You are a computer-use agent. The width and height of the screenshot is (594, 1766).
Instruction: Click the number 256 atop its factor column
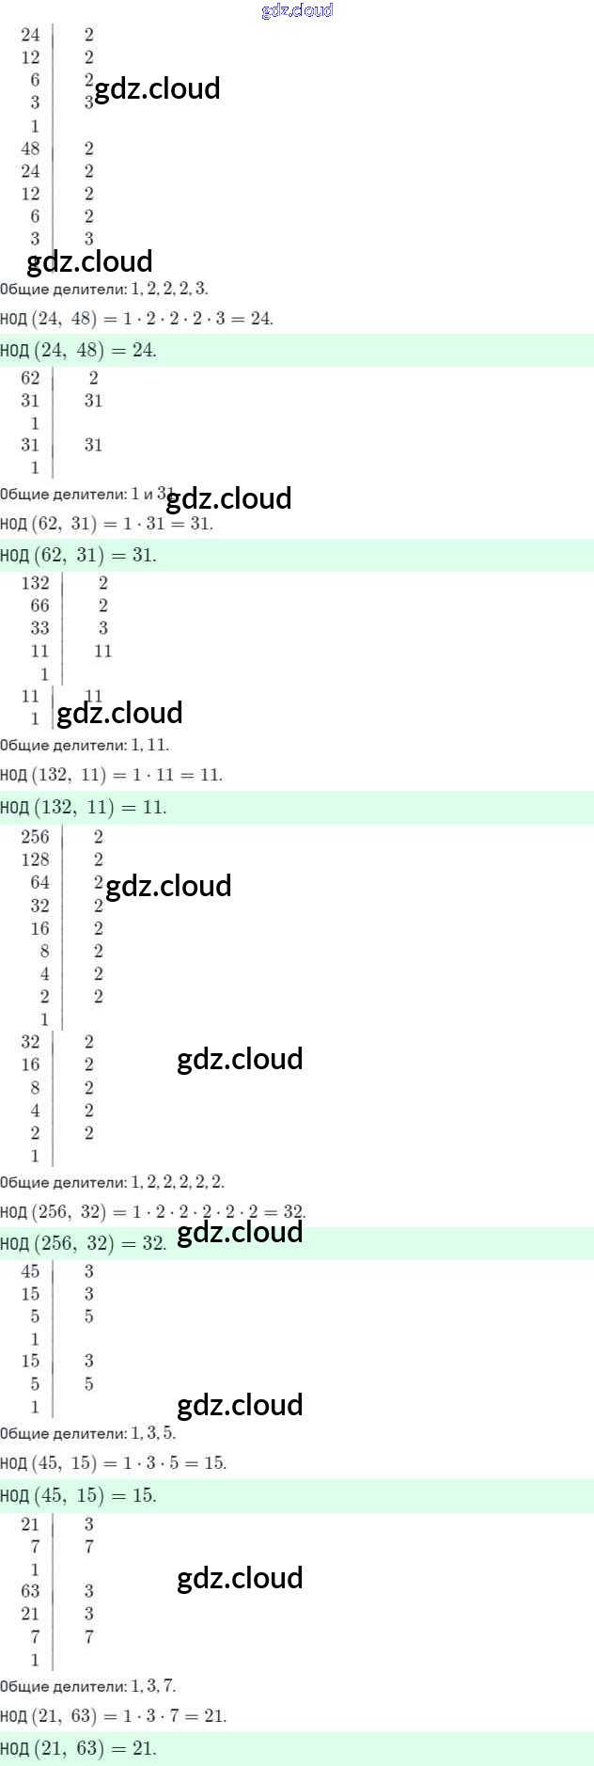[35, 836]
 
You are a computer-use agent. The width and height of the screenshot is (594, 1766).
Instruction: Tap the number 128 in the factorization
[35, 859]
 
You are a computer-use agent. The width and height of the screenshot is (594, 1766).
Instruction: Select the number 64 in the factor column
[39, 882]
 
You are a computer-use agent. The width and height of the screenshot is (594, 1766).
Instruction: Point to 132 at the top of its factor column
[35, 583]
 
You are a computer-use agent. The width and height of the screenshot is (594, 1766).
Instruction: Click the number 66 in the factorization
[39, 606]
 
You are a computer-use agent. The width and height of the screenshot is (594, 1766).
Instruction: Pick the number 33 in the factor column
[39, 628]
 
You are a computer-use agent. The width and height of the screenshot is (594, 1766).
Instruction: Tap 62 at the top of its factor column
[30, 378]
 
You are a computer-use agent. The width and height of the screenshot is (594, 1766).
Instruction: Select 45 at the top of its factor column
[30, 1271]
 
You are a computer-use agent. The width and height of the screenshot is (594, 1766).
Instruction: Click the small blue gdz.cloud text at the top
[297, 10]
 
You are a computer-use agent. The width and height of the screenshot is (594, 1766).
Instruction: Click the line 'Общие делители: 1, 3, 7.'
[87, 1686]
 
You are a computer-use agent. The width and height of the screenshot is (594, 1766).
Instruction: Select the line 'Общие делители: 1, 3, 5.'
[87, 1433]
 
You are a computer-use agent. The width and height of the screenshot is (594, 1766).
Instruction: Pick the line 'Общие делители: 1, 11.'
[85, 745]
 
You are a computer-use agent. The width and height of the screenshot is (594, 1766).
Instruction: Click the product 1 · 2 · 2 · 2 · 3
[174, 319]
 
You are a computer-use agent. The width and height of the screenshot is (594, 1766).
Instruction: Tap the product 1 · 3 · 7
[155, 1716]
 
